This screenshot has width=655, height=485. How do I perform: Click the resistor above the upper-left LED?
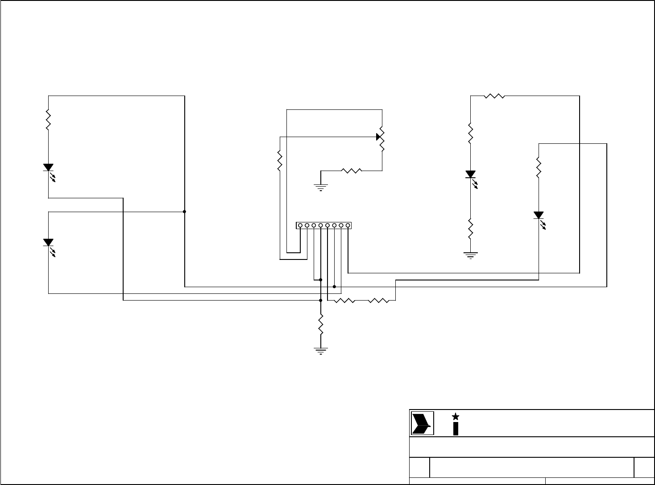pyautogui.click(x=48, y=120)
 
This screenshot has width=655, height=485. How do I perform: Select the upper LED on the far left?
pyautogui.click(x=48, y=167)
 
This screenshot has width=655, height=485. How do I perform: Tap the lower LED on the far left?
pyautogui.click(x=48, y=242)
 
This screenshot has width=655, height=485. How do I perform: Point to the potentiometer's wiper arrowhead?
pyautogui.click(x=379, y=136)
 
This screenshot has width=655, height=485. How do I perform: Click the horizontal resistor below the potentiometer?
pyautogui.click(x=352, y=170)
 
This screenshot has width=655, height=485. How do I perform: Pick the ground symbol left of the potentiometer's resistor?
pyautogui.click(x=320, y=187)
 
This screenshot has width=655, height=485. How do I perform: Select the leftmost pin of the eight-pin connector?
pyautogui.click(x=300, y=226)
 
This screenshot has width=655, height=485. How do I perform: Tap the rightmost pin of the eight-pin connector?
pyautogui.click(x=348, y=226)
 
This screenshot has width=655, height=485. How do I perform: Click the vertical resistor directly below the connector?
pyautogui.click(x=320, y=324)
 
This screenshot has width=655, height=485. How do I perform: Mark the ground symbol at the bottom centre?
pyautogui.click(x=320, y=350)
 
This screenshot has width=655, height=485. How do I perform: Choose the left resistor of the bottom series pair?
pyautogui.click(x=344, y=301)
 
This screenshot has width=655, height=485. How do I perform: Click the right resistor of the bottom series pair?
pyautogui.click(x=379, y=301)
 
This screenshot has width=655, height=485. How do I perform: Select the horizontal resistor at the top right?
pyautogui.click(x=494, y=96)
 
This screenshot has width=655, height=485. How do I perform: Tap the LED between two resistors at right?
pyautogui.click(x=470, y=175)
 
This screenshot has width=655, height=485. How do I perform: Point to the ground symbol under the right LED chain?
pyautogui.click(x=470, y=255)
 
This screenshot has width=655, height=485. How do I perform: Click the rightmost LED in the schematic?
pyautogui.click(x=539, y=216)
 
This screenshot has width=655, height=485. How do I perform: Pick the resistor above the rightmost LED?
pyautogui.click(x=539, y=167)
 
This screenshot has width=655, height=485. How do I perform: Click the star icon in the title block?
pyautogui.click(x=456, y=416)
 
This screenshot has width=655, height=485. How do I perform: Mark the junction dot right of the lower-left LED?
pyautogui.click(x=184, y=212)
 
